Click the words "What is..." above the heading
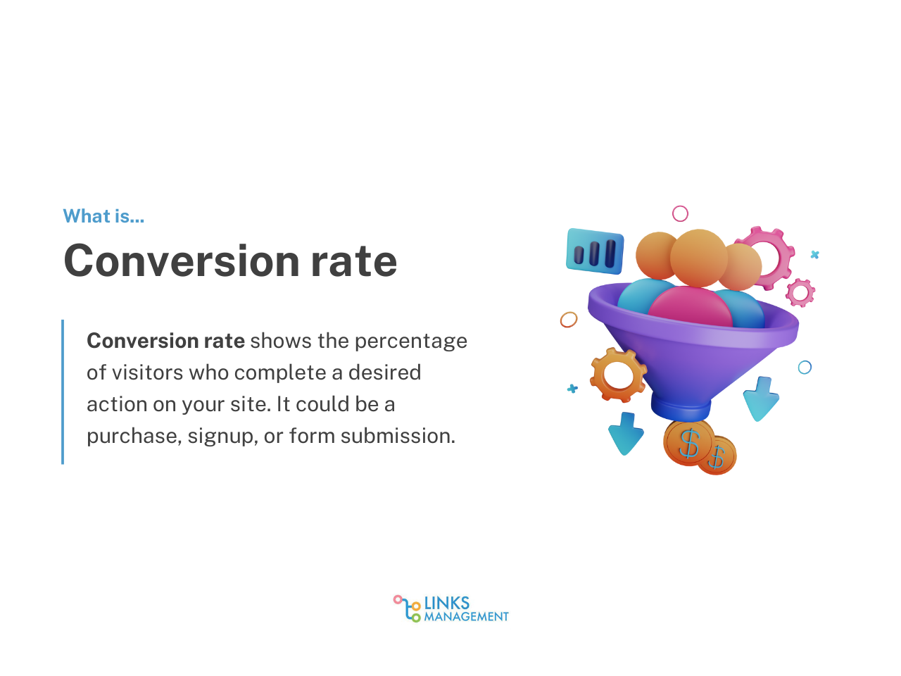coord(103,216)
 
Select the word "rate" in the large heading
coord(354,261)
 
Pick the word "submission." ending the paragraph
coord(398,435)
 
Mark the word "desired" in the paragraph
coord(384,373)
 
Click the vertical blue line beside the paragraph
coord(63,392)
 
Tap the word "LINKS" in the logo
coord(446,603)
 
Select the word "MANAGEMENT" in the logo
coord(466,617)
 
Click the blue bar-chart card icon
coord(595,251)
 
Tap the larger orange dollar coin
coord(689,443)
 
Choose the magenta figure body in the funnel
coord(690,306)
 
